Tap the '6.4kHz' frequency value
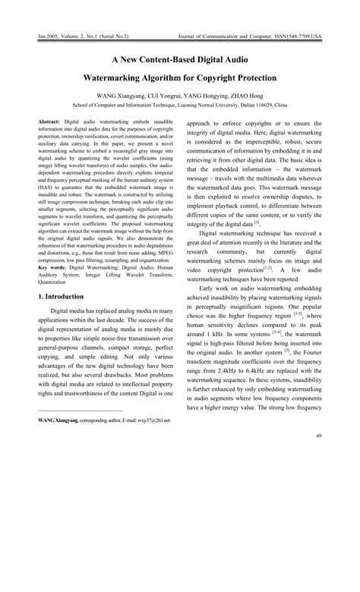click(x=268, y=374)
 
